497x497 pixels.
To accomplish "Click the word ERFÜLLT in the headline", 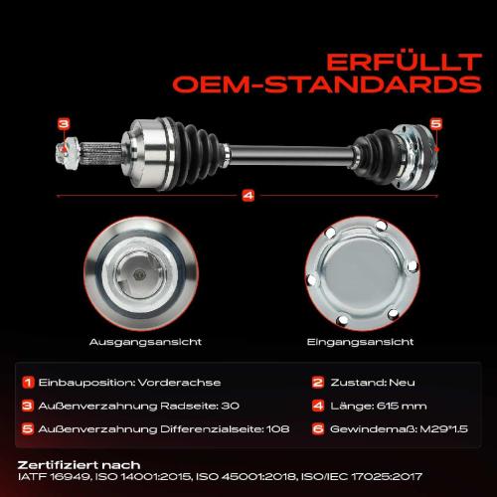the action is [404, 63].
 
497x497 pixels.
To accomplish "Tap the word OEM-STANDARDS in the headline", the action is [327, 84].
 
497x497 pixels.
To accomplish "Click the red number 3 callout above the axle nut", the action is [64, 124].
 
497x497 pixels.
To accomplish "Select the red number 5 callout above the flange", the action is [436, 123].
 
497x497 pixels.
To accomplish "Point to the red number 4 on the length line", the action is [248, 195].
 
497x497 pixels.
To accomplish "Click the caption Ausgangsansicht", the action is [145, 342].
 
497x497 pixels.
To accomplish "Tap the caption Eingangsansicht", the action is [360, 342].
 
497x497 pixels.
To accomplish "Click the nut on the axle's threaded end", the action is [67, 152].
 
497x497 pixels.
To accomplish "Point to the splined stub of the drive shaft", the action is [100, 153].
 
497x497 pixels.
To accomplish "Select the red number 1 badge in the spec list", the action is [28, 382].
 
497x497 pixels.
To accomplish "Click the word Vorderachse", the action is [179, 383].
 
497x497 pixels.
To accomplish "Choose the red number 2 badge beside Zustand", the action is [317, 382].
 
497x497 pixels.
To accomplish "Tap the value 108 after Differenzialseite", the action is [278, 429].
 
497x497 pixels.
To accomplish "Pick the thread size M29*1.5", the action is [443, 429].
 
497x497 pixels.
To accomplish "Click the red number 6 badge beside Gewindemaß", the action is [317, 428].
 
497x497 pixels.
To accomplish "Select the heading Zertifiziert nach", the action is [79, 465].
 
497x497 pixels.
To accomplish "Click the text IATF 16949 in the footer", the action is [54, 477].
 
